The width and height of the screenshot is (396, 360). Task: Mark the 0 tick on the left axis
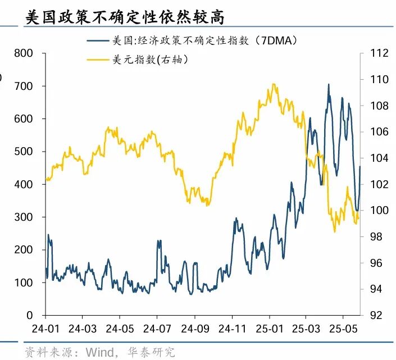pyautogui.click(x=31, y=316)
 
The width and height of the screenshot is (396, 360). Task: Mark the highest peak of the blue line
pyautogui.click(x=329, y=84)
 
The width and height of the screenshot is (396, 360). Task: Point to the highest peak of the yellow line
pyautogui.click(x=274, y=84)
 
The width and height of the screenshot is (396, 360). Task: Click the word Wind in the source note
pyautogui.click(x=99, y=352)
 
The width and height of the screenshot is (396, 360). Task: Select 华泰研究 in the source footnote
pyautogui.click(x=153, y=352)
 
